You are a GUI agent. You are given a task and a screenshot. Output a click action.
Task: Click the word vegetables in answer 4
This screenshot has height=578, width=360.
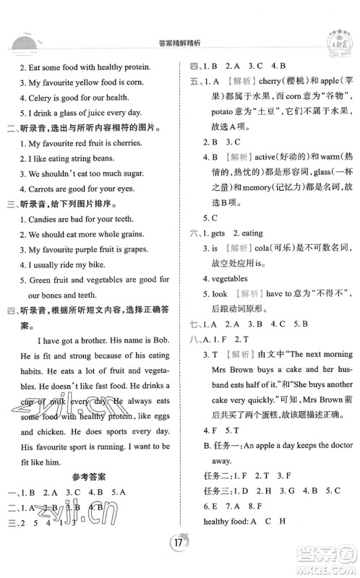tap(229, 277)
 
